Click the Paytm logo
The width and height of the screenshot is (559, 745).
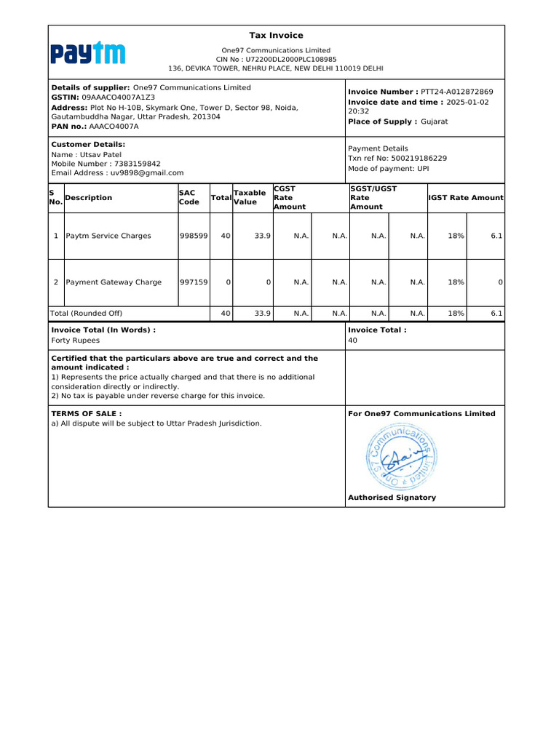(x=87, y=53)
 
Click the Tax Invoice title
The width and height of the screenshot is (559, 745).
(x=276, y=36)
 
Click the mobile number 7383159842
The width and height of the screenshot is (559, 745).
(x=138, y=164)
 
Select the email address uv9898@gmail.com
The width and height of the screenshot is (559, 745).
(x=147, y=173)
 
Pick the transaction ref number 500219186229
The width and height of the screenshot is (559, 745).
(x=418, y=158)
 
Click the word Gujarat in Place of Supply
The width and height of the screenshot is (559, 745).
(x=435, y=121)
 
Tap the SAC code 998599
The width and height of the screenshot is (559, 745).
(x=194, y=236)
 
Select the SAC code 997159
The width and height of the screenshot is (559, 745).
(x=194, y=282)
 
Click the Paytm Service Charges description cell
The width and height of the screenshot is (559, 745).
(x=108, y=236)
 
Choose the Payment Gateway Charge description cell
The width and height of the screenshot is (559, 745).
(x=114, y=282)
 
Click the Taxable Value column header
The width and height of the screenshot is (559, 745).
(x=249, y=197)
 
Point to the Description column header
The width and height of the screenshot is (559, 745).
(x=89, y=198)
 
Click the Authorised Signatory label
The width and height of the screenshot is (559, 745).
(x=392, y=498)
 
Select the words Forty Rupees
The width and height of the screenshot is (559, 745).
(x=76, y=340)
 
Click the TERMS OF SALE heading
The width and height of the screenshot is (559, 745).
(x=86, y=413)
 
